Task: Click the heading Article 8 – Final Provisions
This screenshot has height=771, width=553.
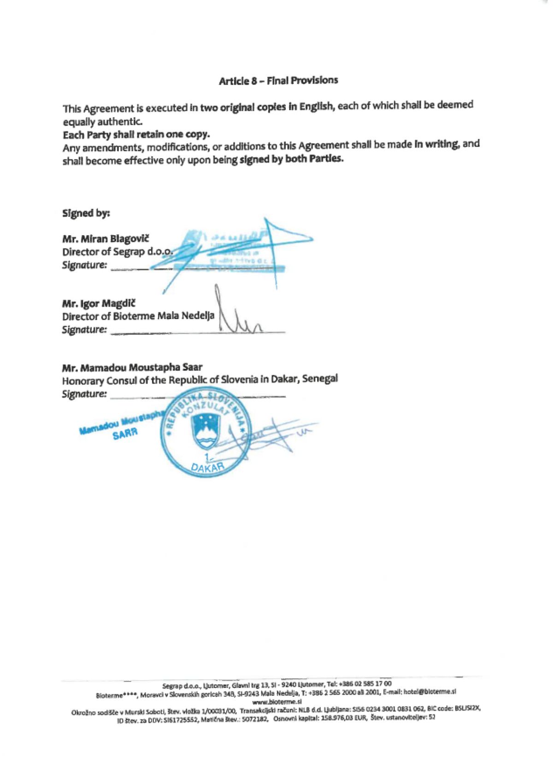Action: (278, 81)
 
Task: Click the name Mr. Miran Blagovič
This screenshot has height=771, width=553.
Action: (106, 239)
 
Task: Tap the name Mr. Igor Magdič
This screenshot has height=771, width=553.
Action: (99, 303)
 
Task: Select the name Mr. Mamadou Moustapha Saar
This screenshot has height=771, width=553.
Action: (132, 368)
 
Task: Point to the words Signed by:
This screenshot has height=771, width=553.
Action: (86, 213)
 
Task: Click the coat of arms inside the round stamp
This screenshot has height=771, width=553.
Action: (203, 431)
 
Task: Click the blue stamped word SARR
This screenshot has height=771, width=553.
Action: (125, 434)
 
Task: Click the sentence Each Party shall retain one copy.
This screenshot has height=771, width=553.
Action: (136, 135)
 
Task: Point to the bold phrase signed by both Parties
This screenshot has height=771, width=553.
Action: (291, 159)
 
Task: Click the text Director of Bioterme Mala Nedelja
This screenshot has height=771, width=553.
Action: (138, 316)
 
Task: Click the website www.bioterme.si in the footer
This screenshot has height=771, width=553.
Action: (276, 702)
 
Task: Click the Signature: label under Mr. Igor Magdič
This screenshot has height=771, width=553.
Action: (85, 330)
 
